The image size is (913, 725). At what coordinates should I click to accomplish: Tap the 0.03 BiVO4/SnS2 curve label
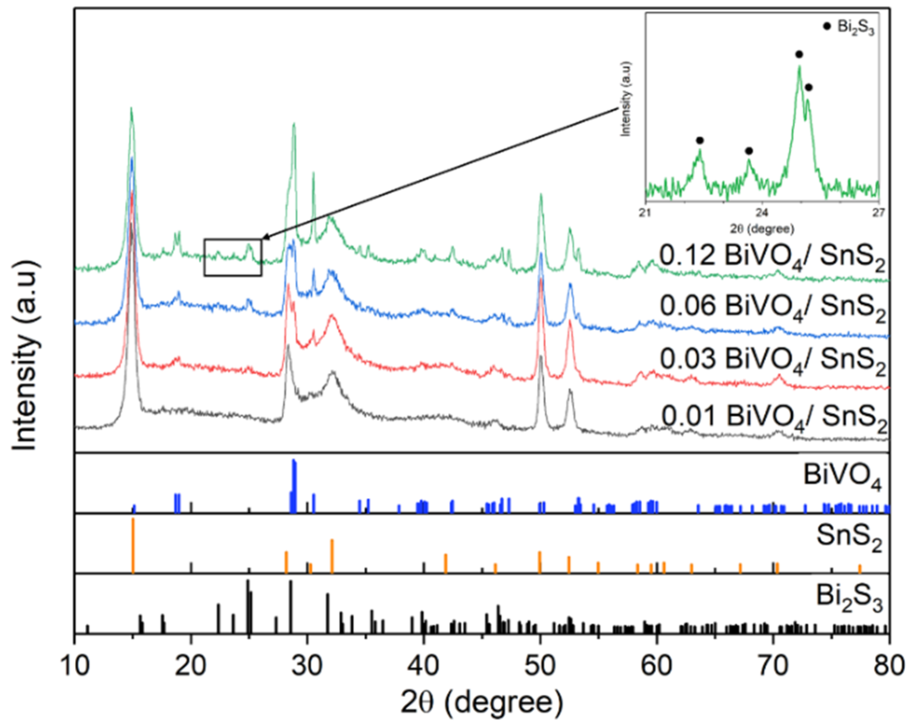772,360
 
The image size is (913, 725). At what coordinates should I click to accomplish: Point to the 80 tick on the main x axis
888,666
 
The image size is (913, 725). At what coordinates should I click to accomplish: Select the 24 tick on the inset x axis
762,213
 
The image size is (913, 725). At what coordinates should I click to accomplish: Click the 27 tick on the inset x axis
878,213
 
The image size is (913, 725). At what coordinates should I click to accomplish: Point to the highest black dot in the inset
799,55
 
